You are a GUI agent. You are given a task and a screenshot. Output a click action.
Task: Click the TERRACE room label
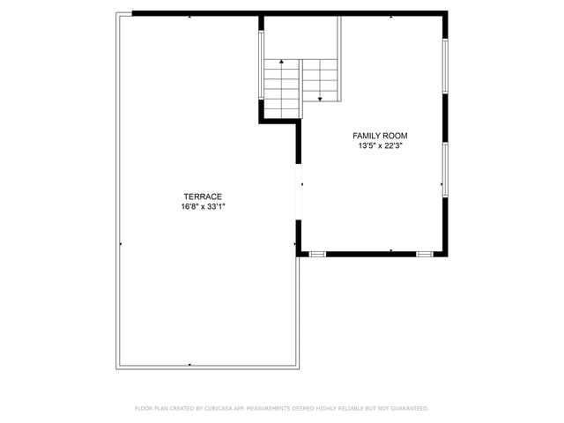(203, 197)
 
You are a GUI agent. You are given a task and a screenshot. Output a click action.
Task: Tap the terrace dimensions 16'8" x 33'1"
(203, 207)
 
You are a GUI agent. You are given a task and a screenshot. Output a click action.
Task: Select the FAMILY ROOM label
(380, 136)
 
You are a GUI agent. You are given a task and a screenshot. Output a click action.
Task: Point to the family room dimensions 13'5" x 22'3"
(380, 146)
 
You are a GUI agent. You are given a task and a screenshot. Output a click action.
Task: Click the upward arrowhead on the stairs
(281, 62)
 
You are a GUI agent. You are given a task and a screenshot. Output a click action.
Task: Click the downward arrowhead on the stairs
(320, 99)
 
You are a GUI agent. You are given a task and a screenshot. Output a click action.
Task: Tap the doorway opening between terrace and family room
(298, 192)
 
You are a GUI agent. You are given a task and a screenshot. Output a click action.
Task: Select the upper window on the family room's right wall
(445, 66)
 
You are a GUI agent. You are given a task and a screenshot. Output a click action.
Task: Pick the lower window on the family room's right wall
(445, 170)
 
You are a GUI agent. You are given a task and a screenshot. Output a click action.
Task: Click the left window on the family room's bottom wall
(317, 255)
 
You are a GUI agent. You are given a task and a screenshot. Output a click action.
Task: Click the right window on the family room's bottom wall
(425, 255)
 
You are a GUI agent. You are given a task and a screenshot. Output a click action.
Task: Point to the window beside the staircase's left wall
(261, 64)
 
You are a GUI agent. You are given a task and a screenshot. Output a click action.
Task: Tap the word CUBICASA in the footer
(219, 409)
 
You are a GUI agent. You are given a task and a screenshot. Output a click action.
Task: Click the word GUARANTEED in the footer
(410, 409)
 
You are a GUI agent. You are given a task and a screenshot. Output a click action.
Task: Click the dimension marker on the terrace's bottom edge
(189, 365)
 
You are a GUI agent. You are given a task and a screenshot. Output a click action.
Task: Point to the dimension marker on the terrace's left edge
(121, 244)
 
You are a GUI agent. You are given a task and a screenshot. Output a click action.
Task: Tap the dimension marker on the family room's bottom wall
(391, 250)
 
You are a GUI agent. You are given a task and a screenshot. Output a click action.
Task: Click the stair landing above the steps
(301, 38)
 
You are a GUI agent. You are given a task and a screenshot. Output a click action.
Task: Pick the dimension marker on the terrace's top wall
(189, 17)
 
